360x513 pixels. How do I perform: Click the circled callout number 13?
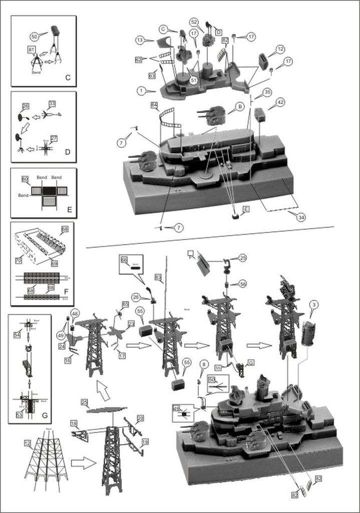140,39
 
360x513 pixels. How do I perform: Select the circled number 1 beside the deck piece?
142,91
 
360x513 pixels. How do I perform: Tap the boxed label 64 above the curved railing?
154,105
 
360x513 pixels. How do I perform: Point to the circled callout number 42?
280,102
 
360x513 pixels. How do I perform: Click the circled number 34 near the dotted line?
300,216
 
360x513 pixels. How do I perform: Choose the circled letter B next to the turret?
240,107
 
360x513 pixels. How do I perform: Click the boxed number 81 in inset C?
32,50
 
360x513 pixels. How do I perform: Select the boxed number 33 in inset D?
52,104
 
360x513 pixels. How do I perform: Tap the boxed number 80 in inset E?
26,179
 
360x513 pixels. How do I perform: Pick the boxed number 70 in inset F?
19,260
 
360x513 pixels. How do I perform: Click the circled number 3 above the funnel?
313,305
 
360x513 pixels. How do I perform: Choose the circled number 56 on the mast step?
243,283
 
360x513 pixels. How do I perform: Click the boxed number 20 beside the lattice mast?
140,417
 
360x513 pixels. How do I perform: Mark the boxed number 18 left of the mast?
74,424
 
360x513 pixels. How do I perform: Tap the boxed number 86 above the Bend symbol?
124,260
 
